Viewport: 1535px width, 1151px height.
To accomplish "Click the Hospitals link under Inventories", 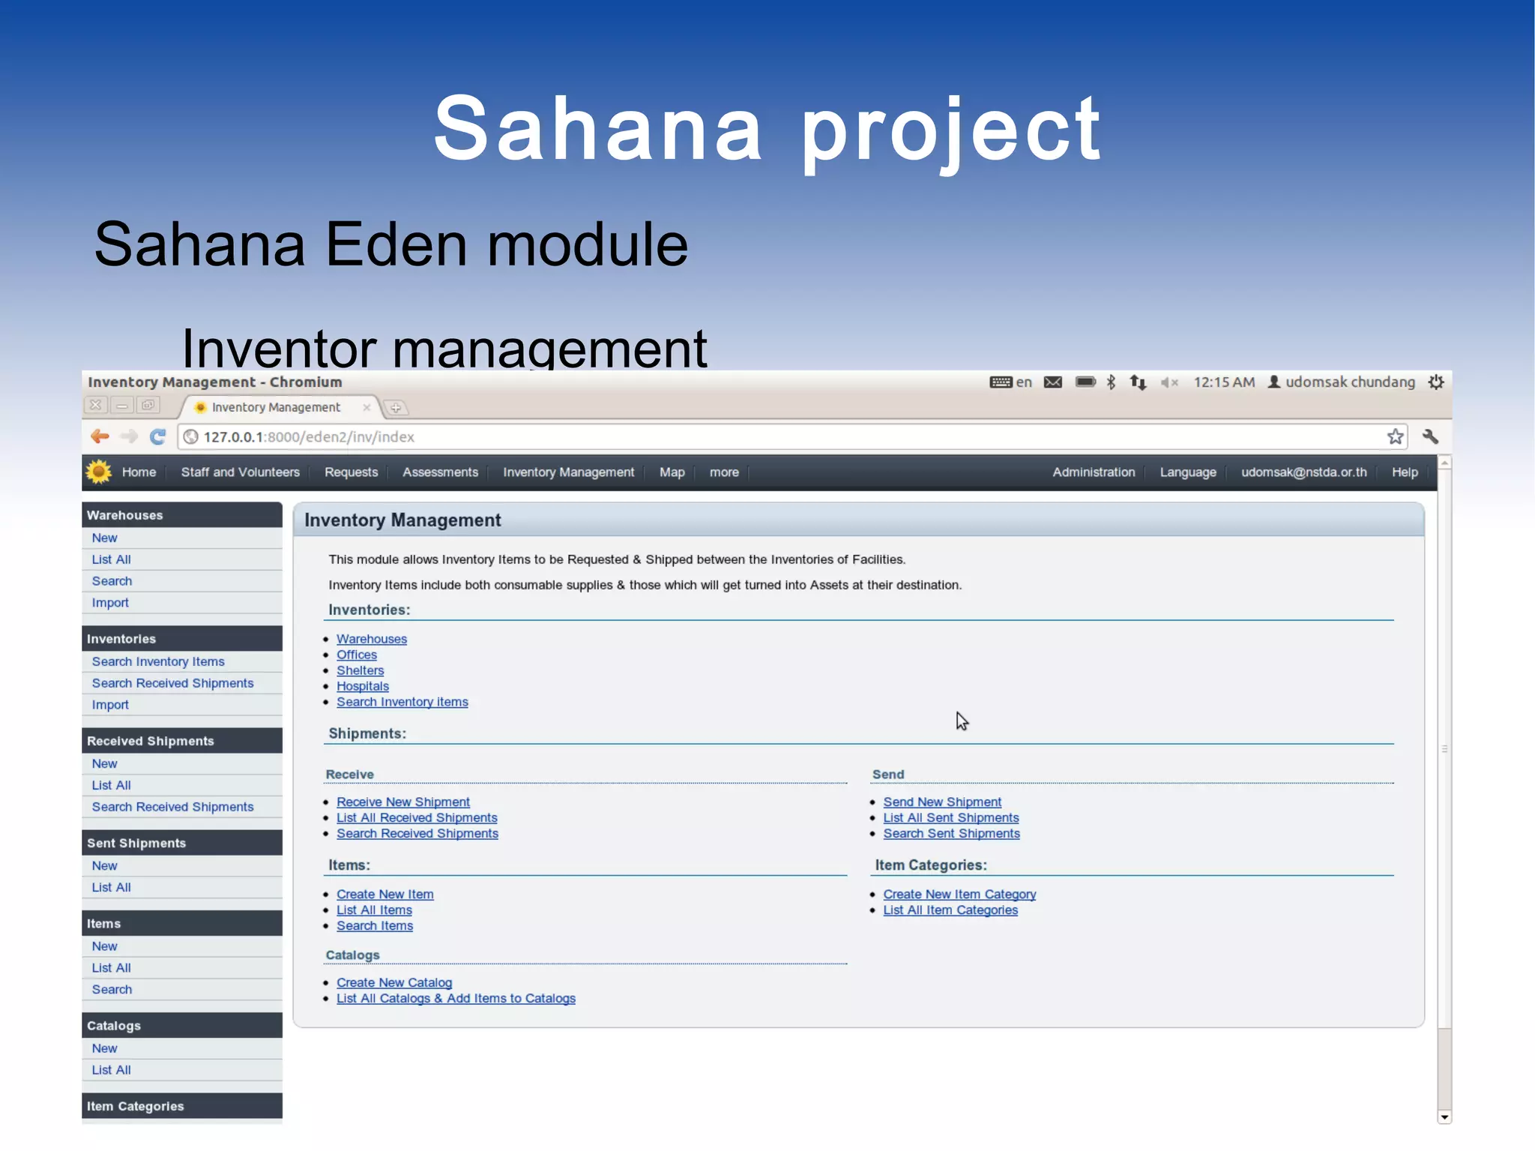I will click(363, 686).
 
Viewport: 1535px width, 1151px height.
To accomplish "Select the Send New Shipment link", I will click(941, 802).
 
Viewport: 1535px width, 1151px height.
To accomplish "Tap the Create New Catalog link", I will click(393, 982).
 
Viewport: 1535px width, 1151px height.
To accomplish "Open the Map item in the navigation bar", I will click(672, 472).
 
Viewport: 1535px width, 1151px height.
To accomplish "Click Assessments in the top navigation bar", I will click(440, 472).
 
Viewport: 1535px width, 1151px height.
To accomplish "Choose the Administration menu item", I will click(1093, 472).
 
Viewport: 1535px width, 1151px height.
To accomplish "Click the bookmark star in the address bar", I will click(1394, 436).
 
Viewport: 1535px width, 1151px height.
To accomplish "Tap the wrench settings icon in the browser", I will click(1430, 436).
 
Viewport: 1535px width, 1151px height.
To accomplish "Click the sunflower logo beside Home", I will click(98, 472).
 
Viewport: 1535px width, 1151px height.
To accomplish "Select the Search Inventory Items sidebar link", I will click(158, 661).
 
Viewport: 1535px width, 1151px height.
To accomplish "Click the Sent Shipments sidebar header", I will click(136, 843).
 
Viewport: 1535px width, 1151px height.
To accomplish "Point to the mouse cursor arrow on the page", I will click(962, 721).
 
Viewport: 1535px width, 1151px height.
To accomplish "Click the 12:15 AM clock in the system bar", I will click(1223, 382).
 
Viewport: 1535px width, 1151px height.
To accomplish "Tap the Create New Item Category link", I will click(959, 894).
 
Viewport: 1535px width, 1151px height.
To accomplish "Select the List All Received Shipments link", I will click(417, 817).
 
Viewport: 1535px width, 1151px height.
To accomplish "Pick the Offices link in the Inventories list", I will click(356, 655).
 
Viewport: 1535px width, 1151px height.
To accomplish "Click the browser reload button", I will click(157, 436).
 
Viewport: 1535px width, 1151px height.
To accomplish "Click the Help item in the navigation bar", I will click(1404, 472).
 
